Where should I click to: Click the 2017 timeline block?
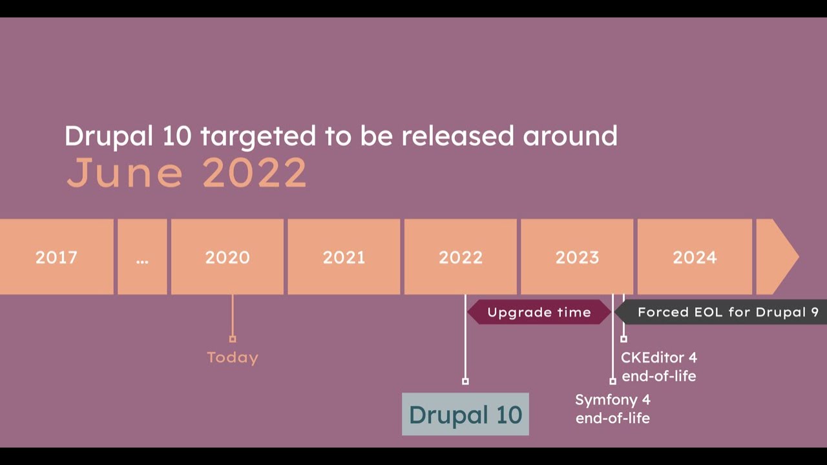coord(56,257)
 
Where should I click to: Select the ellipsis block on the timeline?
coord(142,257)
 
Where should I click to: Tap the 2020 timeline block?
coord(227,257)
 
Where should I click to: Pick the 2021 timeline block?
coord(344,257)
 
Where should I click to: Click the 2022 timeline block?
coord(461,257)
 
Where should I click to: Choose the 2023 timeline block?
coord(577,257)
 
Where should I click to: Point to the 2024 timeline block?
coord(695,257)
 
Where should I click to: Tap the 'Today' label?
coord(233,357)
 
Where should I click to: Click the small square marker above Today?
coord(233,338)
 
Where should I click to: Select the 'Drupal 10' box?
coord(465,414)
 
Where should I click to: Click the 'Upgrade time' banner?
coord(539,312)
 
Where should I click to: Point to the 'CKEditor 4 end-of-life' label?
coord(659,366)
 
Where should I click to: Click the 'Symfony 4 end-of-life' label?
coord(612,408)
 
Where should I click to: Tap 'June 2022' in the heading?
coord(187,172)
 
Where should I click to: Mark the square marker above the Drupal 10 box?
coord(465,381)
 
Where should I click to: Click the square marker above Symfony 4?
coord(612,381)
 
